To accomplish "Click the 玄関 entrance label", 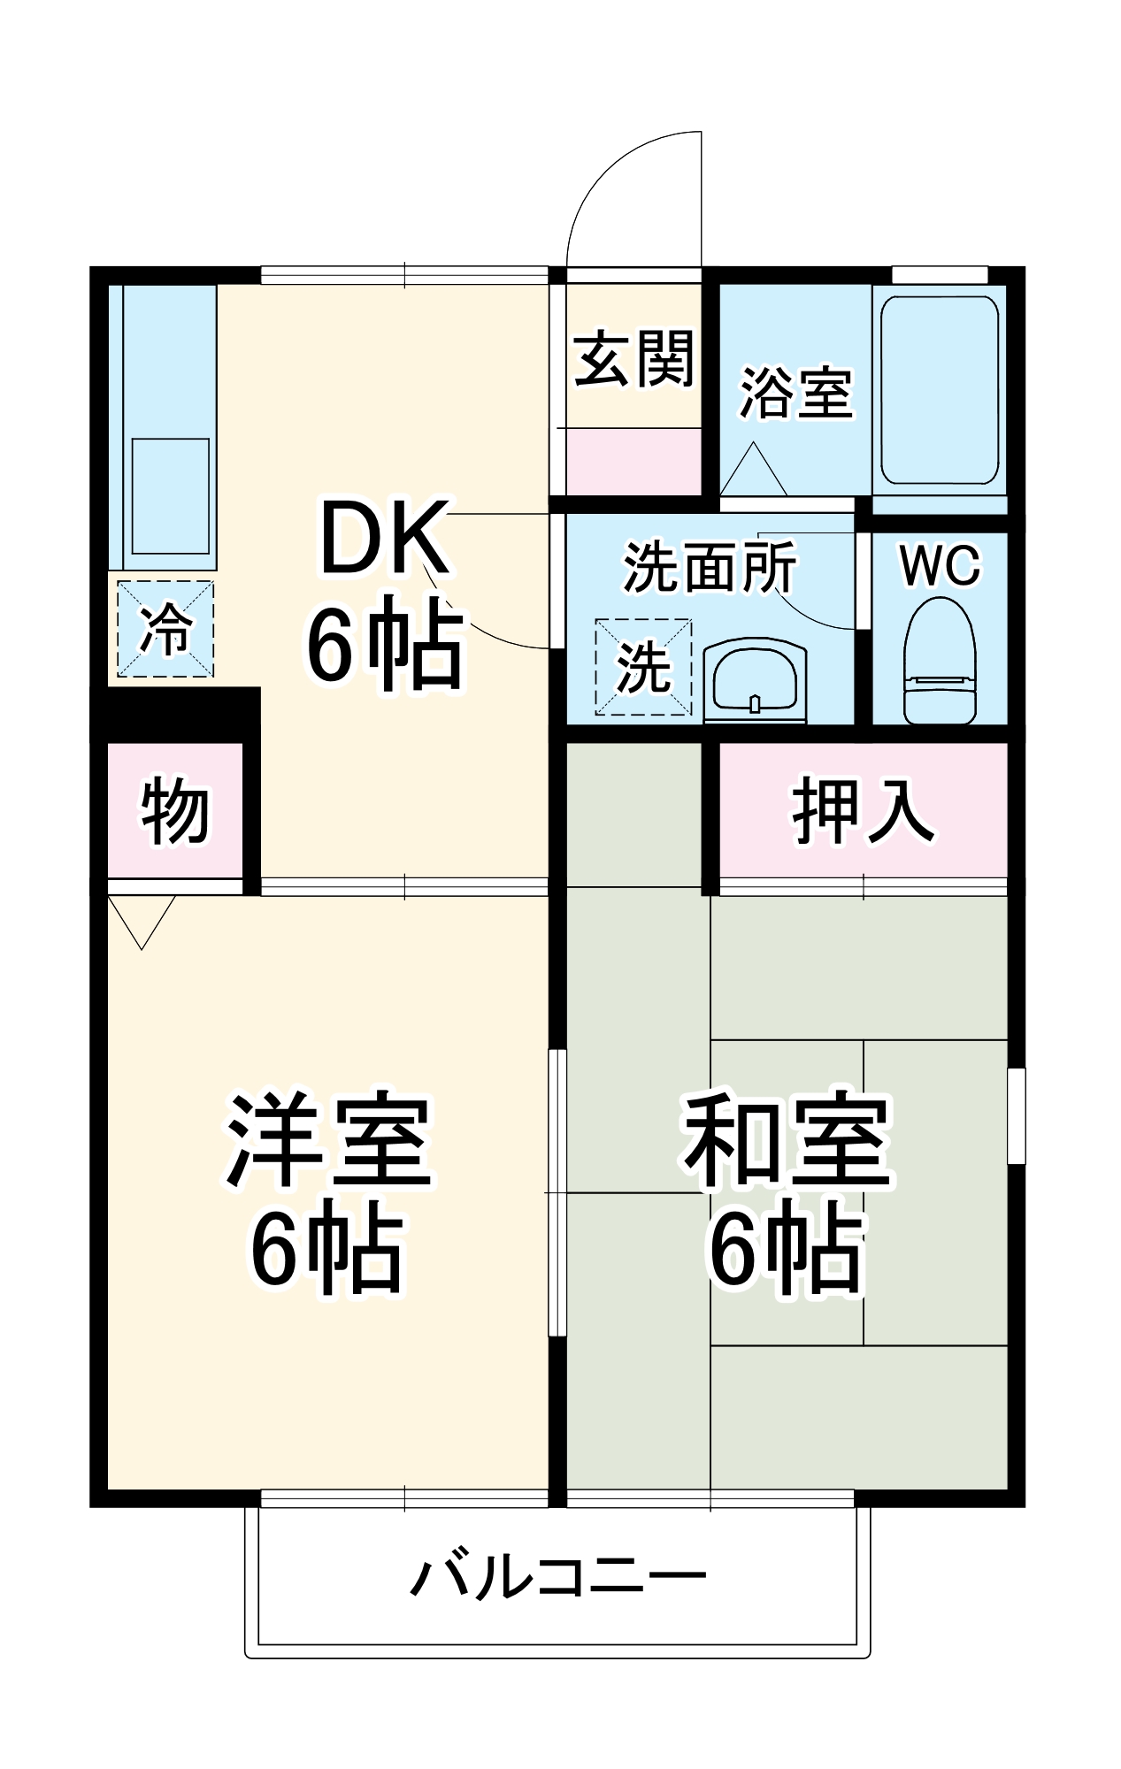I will click(x=633, y=360).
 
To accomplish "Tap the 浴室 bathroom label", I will click(x=795, y=393).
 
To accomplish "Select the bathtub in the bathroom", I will click(x=939, y=391).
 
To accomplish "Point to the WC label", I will click(x=940, y=565).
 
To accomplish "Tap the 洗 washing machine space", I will click(x=643, y=667).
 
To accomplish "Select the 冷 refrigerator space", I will click(x=165, y=629).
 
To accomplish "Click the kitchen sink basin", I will click(x=171, y=495).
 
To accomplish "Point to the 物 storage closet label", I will click(x=175, y=812).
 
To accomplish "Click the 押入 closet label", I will click(x=862, y=810).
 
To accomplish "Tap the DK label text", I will click(x=383, y=538).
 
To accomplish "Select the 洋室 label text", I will click(x=328, y=1140).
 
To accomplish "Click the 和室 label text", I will click(x=787, y=1140).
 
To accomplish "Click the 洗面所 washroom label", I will click(x=710, y=567).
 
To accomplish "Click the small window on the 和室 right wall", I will click(x=1017, y=1115).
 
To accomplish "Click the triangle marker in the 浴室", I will click(x=753, y=471).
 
